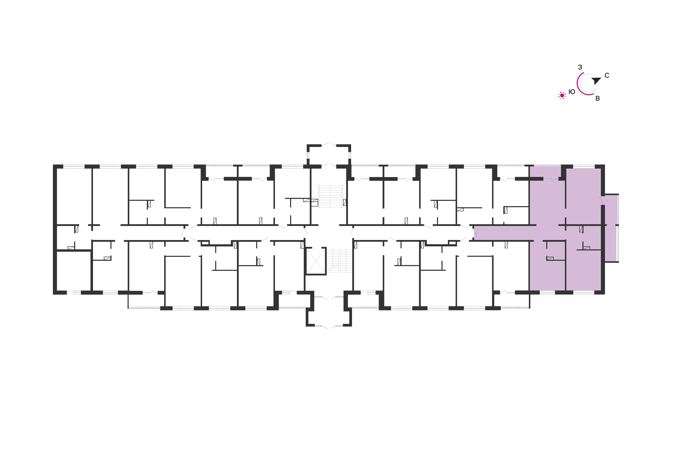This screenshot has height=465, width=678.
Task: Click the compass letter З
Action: click(x=580, y=67)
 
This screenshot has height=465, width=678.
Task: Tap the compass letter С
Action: click(x=607, y=75)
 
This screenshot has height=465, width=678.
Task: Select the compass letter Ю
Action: click(x=572, y=92)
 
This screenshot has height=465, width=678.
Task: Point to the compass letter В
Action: click(x=597, y=98)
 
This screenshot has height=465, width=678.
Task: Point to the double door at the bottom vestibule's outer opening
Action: click(x=329, y=327)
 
